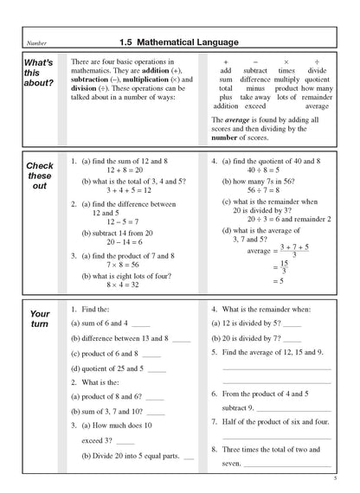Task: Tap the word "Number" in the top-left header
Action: pos(37,42)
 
